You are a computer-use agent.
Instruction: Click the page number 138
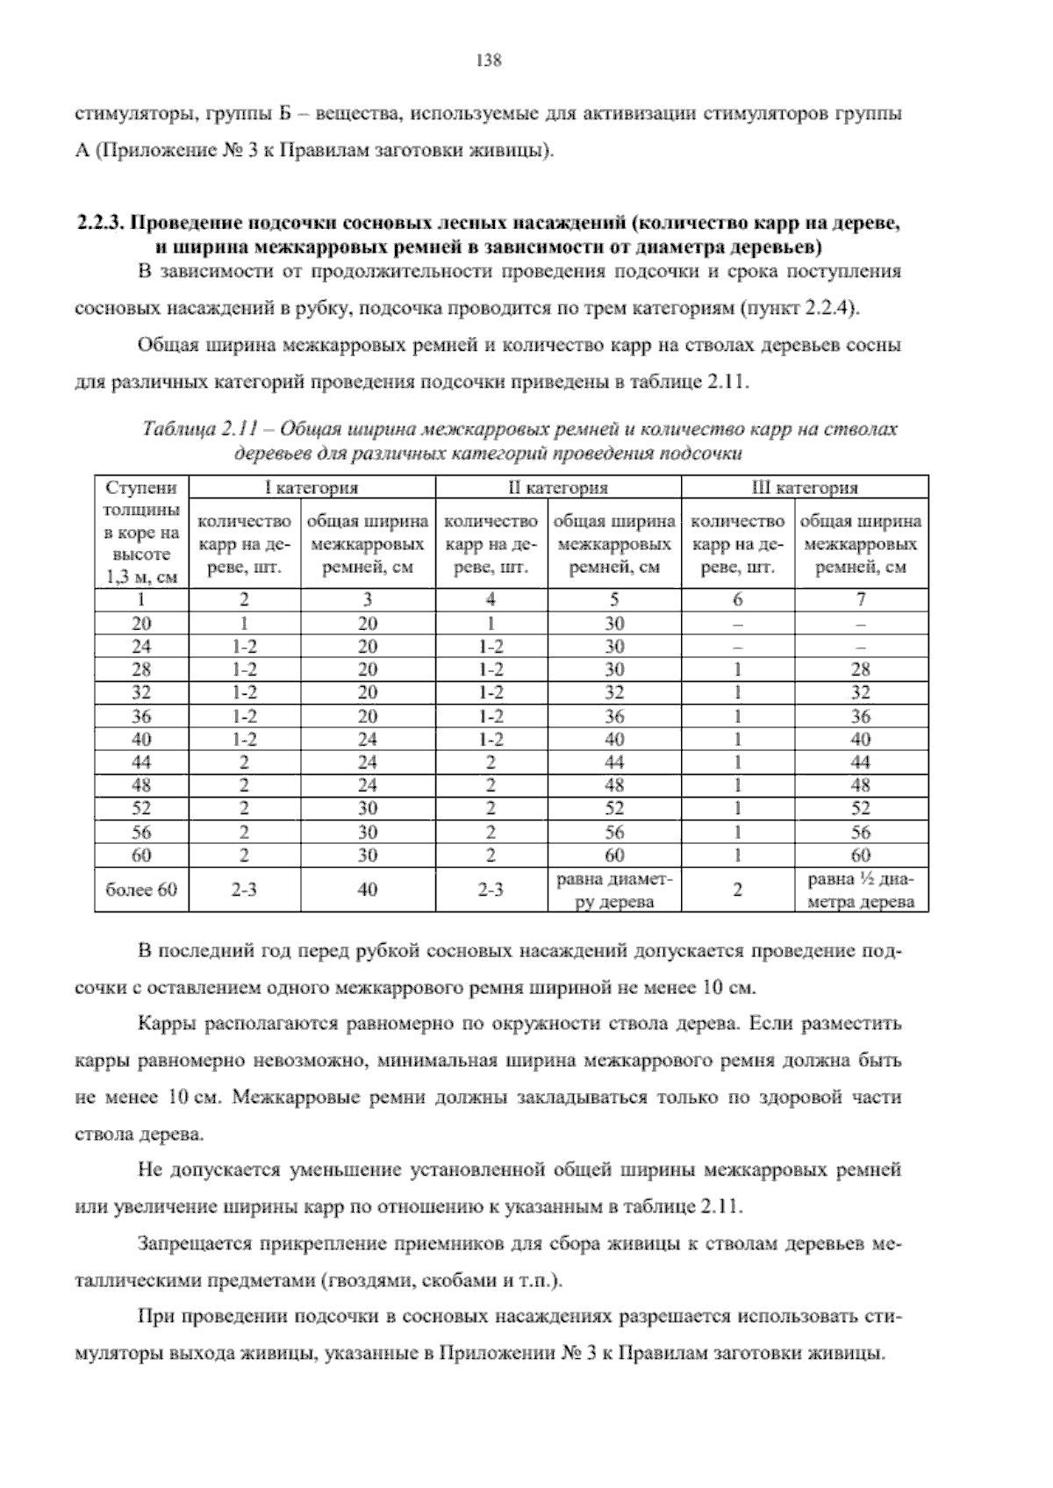click(487, 61)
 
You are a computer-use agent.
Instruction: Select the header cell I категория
click(312, 488)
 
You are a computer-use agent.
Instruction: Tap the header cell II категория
click(558, 488)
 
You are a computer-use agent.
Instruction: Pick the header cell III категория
click(806, 488)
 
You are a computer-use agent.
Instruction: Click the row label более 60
click(141, 890)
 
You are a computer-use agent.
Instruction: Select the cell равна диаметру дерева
click(614, 890)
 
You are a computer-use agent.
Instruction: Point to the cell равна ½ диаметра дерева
click(861, 890)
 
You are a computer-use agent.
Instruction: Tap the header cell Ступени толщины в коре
click(141, 532)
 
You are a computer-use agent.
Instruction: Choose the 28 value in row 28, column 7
click(861, 669)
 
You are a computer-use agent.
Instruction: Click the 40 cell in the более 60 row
click(368, 890)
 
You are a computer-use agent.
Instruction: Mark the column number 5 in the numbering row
click(614, 600)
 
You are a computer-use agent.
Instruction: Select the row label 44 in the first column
click(141, 762)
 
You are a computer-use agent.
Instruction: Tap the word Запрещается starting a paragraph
click(185, 1243)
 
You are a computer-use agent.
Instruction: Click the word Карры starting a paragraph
click(166, 1024)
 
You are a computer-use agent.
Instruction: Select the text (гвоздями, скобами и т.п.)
click(443, 1280)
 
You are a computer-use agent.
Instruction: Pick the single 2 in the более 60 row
click(738, 890)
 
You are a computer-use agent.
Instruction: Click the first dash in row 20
click(738, 624)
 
